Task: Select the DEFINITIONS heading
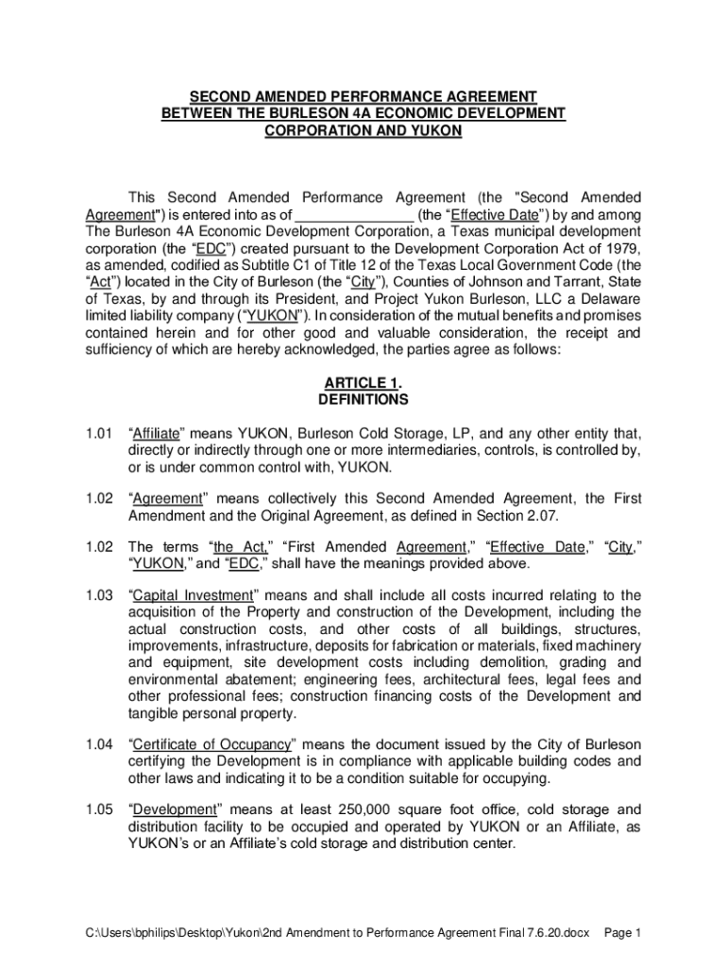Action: [x=363, y=399]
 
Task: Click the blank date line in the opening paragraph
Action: [x=357, y=214]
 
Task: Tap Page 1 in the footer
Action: [x=623, y=933]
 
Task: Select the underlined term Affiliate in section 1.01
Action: [x=155, y=434]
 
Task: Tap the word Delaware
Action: [x=609, y=299]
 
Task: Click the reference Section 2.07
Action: [x=526, y=514]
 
